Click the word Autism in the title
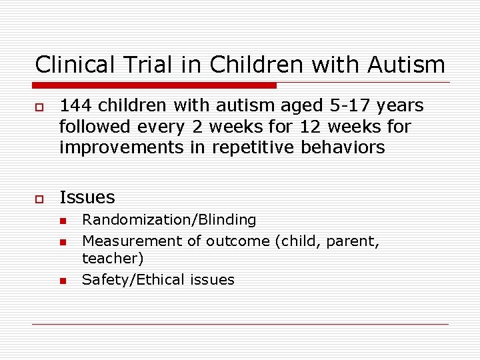(405, 65)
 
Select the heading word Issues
(87, 197)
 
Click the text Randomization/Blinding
(169, 220)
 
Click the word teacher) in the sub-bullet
(113, 258)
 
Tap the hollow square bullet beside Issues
(39, 198)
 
